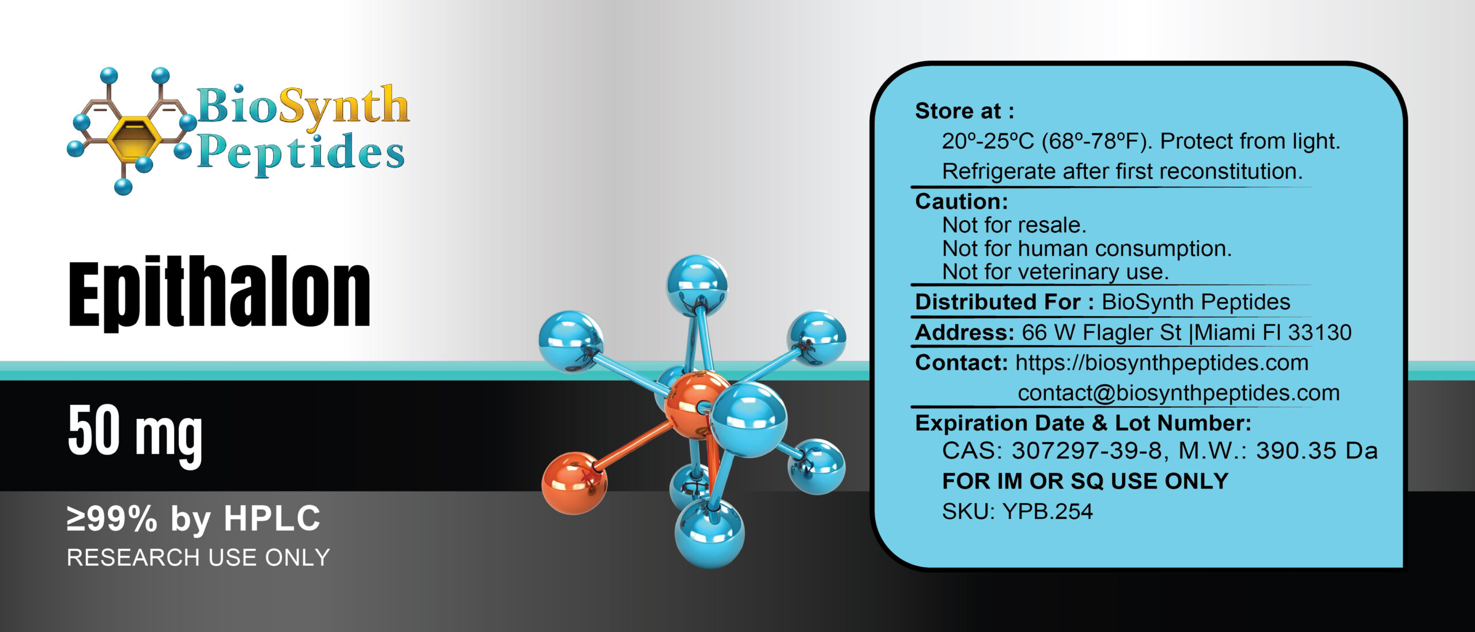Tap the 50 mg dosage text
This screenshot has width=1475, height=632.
pyautogui.click(x=135, y=432)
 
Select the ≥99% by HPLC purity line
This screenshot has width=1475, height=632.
pyautogui.click(x=194, y=518)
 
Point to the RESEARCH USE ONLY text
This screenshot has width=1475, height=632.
pyautogui.click(x=198, y=558)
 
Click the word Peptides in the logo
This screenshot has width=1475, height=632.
pyautogui.click(x=301, y=152)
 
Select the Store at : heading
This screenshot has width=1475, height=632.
pyautogui.click(x=965, y=111)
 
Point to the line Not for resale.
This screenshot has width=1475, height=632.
pyautogui.click(x=1014, y=225)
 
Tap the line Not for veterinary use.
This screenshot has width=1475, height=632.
pyautogui.click(x=1056, y=272)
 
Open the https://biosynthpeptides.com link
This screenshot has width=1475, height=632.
pyautogui.click(x=1162, y=363)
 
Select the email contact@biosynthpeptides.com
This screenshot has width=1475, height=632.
pyautogui.click(x=1178, y=393)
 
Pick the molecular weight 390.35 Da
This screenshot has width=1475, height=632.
pyautogui.click(x=1317, y=451)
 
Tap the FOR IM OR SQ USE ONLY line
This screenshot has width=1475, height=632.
pyautogui.click(x=1086, y=481)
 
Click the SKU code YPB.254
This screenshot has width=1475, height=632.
pyautogui.click(x=1047, y=512)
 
